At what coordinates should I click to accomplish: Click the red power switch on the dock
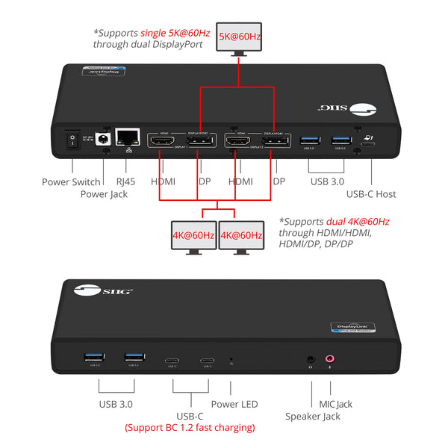(x=72, y=140)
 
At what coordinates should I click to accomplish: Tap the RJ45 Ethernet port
(x=130, y=137)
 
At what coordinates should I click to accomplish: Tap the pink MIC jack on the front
(x=329, y=358)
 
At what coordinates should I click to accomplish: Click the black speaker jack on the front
(x=310, y=358)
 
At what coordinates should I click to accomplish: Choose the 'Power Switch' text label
(x=70, y=181)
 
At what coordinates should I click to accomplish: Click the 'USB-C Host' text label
(x=371, y=194)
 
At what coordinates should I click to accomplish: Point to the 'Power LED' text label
(x=234, y=404)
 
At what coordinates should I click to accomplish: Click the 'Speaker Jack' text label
(x=313, y=417)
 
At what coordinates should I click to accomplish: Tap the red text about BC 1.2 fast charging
(x=190, y=428)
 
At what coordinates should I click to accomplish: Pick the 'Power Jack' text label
(x=104, y=194)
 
